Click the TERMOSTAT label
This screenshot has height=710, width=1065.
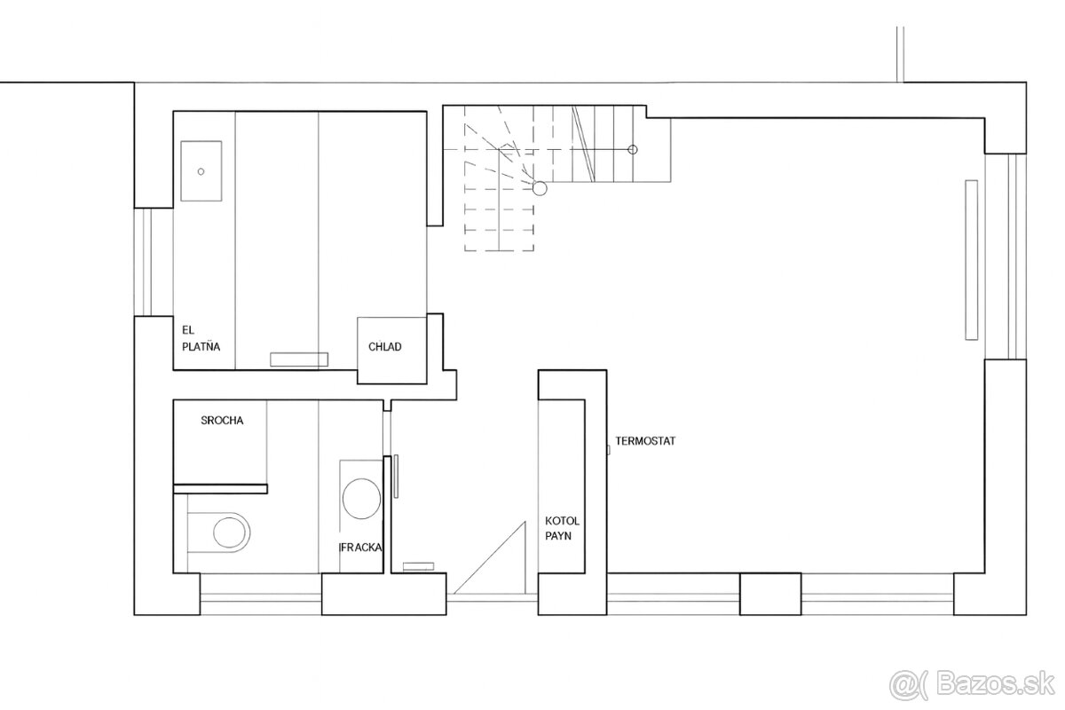tap(645, 441)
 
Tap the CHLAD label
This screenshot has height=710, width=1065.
tap(384, 347)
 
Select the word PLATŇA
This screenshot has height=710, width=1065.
tap(201, 346)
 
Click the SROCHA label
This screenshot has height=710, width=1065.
tap(222, 421)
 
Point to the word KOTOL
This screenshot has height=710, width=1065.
tap(563, 521)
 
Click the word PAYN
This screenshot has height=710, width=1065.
tap(558, 536)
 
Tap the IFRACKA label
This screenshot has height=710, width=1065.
tap(360, 548)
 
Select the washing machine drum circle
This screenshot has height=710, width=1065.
tap(361, 499)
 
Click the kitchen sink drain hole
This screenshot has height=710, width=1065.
tap(201, 171)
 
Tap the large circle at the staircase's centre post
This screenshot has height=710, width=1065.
tap(540, 188)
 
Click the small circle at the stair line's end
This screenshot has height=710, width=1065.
tap(632, 150)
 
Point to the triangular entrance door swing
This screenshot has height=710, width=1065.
tap(490, 558)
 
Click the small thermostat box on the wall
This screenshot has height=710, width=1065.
tap(608, 450)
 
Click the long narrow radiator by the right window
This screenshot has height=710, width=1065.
tap(971, 260)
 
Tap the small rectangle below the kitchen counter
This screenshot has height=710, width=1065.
tap(299, 359)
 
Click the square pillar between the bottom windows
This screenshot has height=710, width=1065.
tap(770, 594)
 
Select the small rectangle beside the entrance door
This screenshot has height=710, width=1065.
tap(418, 566)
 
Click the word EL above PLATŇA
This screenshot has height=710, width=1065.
tap(188, 330)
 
